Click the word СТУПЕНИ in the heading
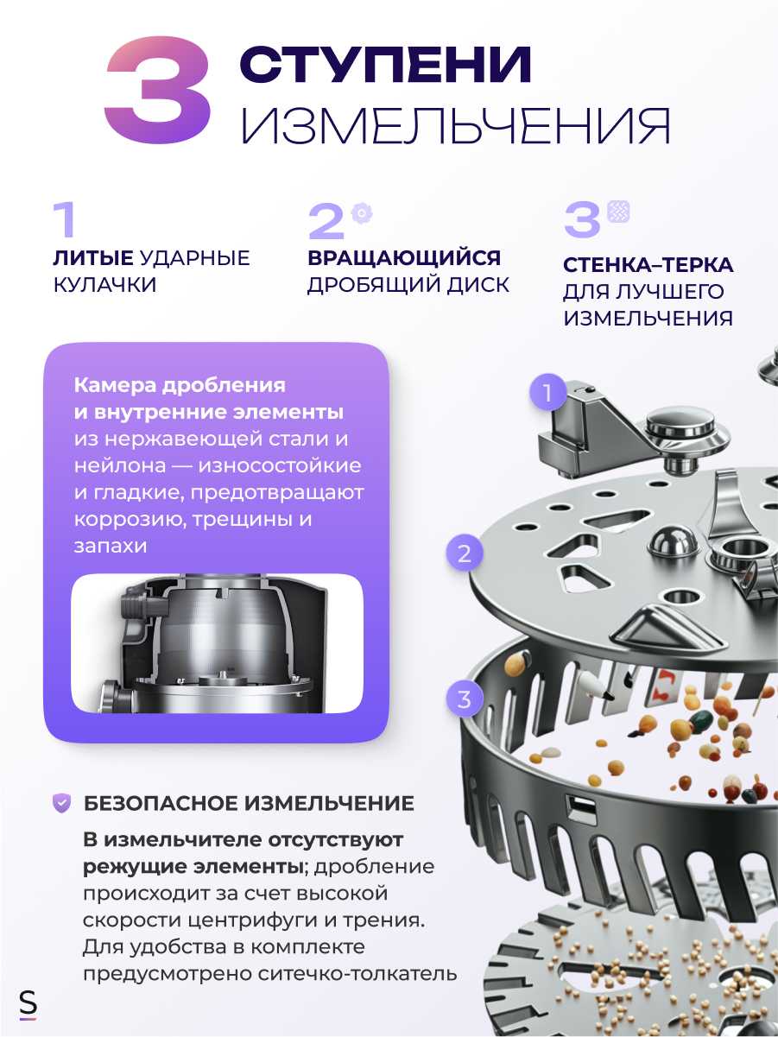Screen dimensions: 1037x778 (385, 66)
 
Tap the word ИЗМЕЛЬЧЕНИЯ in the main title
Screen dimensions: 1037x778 (456, 126)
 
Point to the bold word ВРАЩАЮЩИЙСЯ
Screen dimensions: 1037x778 (404, 257)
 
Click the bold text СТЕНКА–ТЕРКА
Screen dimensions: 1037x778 (648, 265)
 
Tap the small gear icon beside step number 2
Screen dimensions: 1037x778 (361, 212)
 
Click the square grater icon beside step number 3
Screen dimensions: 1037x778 (618, 212)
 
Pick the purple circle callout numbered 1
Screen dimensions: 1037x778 (547, 394)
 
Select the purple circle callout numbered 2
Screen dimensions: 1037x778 (465, 553)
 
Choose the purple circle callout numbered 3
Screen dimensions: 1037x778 (465, 699)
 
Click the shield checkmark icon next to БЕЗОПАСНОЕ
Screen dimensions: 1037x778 (62, 803)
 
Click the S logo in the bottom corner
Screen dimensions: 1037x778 (28, 1004)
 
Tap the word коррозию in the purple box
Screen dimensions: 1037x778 (117, 520)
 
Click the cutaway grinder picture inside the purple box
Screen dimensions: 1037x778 (217, 643)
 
